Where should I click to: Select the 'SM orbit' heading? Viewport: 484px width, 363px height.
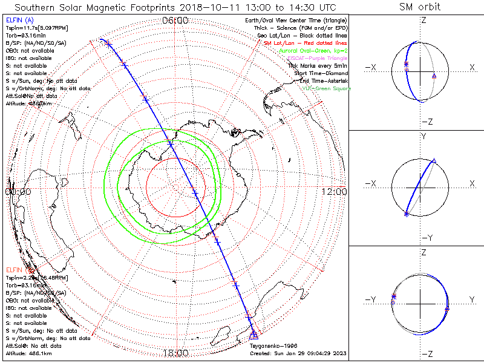coord(420,7)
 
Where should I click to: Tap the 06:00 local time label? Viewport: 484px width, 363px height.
coord(175,21)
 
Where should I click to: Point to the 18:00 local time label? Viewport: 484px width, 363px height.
coord(175,352)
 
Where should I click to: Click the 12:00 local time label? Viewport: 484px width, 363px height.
coord(334,192)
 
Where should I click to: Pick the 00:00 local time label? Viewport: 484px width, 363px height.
coord(18,192)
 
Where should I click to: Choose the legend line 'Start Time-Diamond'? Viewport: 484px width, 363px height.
coord(319,73)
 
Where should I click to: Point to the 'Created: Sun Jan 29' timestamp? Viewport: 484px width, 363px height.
coord(298,353)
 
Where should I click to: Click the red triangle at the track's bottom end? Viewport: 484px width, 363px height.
coord(254,335)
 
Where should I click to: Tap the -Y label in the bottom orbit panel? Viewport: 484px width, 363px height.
coord(370,299)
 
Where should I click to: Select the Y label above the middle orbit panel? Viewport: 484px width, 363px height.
coord(423,137)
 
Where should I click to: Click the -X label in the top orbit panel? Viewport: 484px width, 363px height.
coord(370,67)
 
